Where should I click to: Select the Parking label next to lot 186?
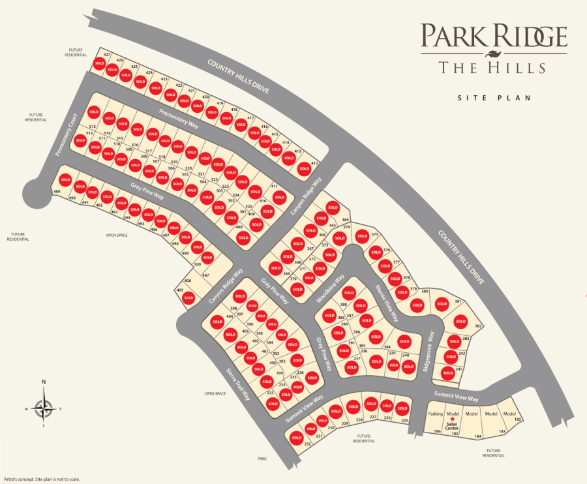point(435,414)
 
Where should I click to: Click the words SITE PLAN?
point(494,98)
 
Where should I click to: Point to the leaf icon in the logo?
point(494,53)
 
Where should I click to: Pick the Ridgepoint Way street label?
point(430,352)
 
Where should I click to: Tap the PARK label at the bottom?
point(262,459)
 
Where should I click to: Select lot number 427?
point(107,54)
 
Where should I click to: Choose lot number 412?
point(315,163)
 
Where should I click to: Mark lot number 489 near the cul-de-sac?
point(57,191)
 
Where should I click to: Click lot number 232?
point(307,444)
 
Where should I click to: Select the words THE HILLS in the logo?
point(493,67)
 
